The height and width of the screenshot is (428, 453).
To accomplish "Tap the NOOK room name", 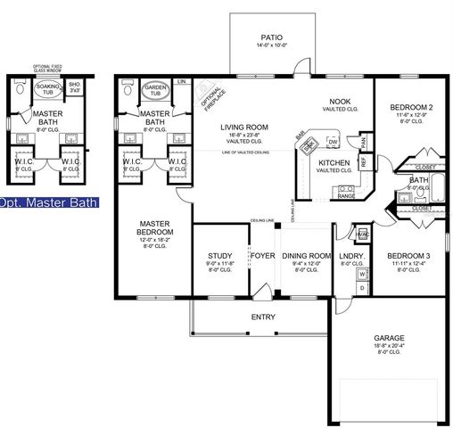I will click(x=339, y=101).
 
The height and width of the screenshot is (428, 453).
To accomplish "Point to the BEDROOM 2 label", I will click(x=411, y=106).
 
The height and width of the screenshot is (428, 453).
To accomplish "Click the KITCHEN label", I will click(x=334, y=162).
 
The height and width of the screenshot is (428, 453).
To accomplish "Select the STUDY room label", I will click(x=219, y=255).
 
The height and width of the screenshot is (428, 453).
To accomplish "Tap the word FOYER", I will click(x=262, y=255).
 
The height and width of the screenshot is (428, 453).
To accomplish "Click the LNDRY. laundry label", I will click(x=350, y=255).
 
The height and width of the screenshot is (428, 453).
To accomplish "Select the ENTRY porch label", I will click(x=262, y=317).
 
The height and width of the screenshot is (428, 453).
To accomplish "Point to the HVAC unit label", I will click(x=362, y=235).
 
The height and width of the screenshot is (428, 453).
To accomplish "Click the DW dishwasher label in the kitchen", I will click(x=332, y=142).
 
